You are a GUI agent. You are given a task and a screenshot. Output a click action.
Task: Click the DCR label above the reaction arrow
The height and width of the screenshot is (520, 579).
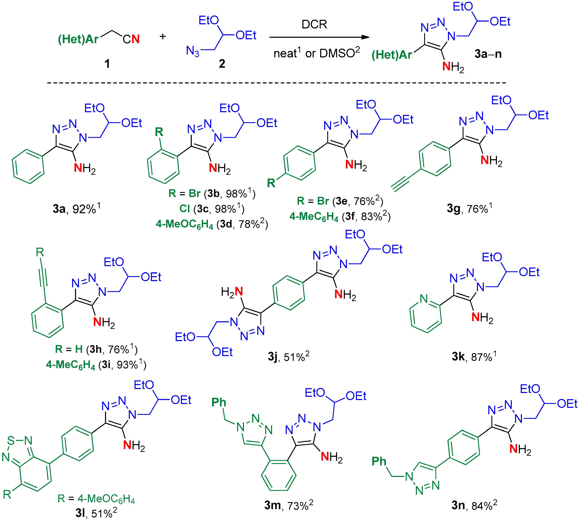(314, 24)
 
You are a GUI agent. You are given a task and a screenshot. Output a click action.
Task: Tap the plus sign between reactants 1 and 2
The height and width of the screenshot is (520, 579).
(163, 37)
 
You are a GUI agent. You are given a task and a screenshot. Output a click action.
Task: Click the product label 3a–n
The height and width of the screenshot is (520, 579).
(488, 54)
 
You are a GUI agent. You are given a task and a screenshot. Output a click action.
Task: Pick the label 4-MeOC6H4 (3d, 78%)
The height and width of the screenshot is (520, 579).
(212, 224)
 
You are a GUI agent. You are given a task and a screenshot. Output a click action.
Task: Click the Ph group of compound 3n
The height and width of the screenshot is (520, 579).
(379, 461)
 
